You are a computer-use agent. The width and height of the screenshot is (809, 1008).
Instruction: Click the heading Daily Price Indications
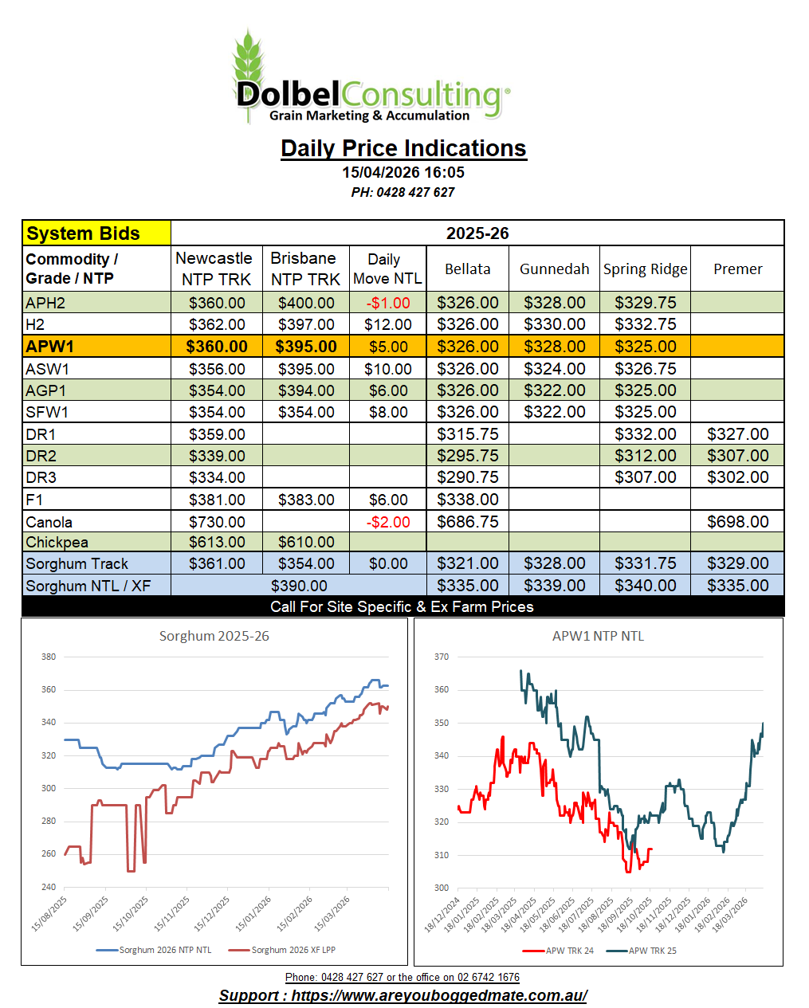[403, 148]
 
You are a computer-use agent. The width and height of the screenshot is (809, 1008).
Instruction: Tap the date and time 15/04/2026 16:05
[403, 172]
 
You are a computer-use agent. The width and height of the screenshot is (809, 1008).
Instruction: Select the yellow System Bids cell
[96, 233]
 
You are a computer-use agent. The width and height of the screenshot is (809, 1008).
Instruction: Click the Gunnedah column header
[554, 269]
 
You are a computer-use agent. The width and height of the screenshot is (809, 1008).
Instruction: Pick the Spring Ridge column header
[645, 269]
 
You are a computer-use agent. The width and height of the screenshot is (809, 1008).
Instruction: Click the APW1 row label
[49, 347]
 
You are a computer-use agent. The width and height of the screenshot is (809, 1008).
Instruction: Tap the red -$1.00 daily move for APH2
[388, 303]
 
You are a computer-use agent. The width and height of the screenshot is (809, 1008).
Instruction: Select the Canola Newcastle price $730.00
[217, 522]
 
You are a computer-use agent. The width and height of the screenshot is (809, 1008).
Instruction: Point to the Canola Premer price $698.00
[737, 522]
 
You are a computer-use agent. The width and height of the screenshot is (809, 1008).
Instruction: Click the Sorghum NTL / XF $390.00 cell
[299, 586]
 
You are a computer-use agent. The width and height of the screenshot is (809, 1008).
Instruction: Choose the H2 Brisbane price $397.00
[306, 324]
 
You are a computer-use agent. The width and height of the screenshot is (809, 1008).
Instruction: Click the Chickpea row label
[57, 542]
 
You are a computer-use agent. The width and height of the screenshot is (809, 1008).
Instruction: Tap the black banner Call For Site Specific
[402, 606]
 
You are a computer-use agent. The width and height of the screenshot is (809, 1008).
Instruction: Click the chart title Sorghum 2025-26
[214, 636]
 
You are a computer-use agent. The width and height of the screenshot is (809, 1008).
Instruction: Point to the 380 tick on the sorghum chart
[49, 657]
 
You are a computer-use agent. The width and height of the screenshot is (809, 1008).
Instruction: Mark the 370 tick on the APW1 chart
[441, 657]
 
